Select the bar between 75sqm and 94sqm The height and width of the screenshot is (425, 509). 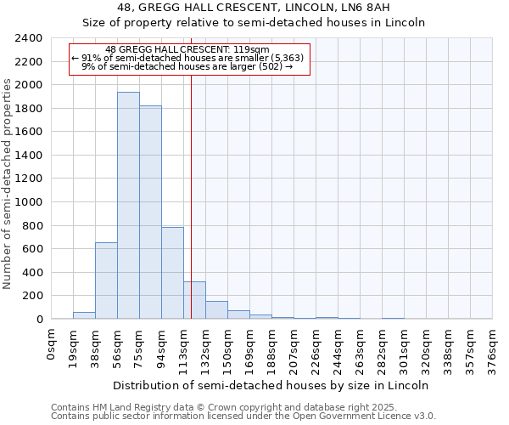150,212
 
